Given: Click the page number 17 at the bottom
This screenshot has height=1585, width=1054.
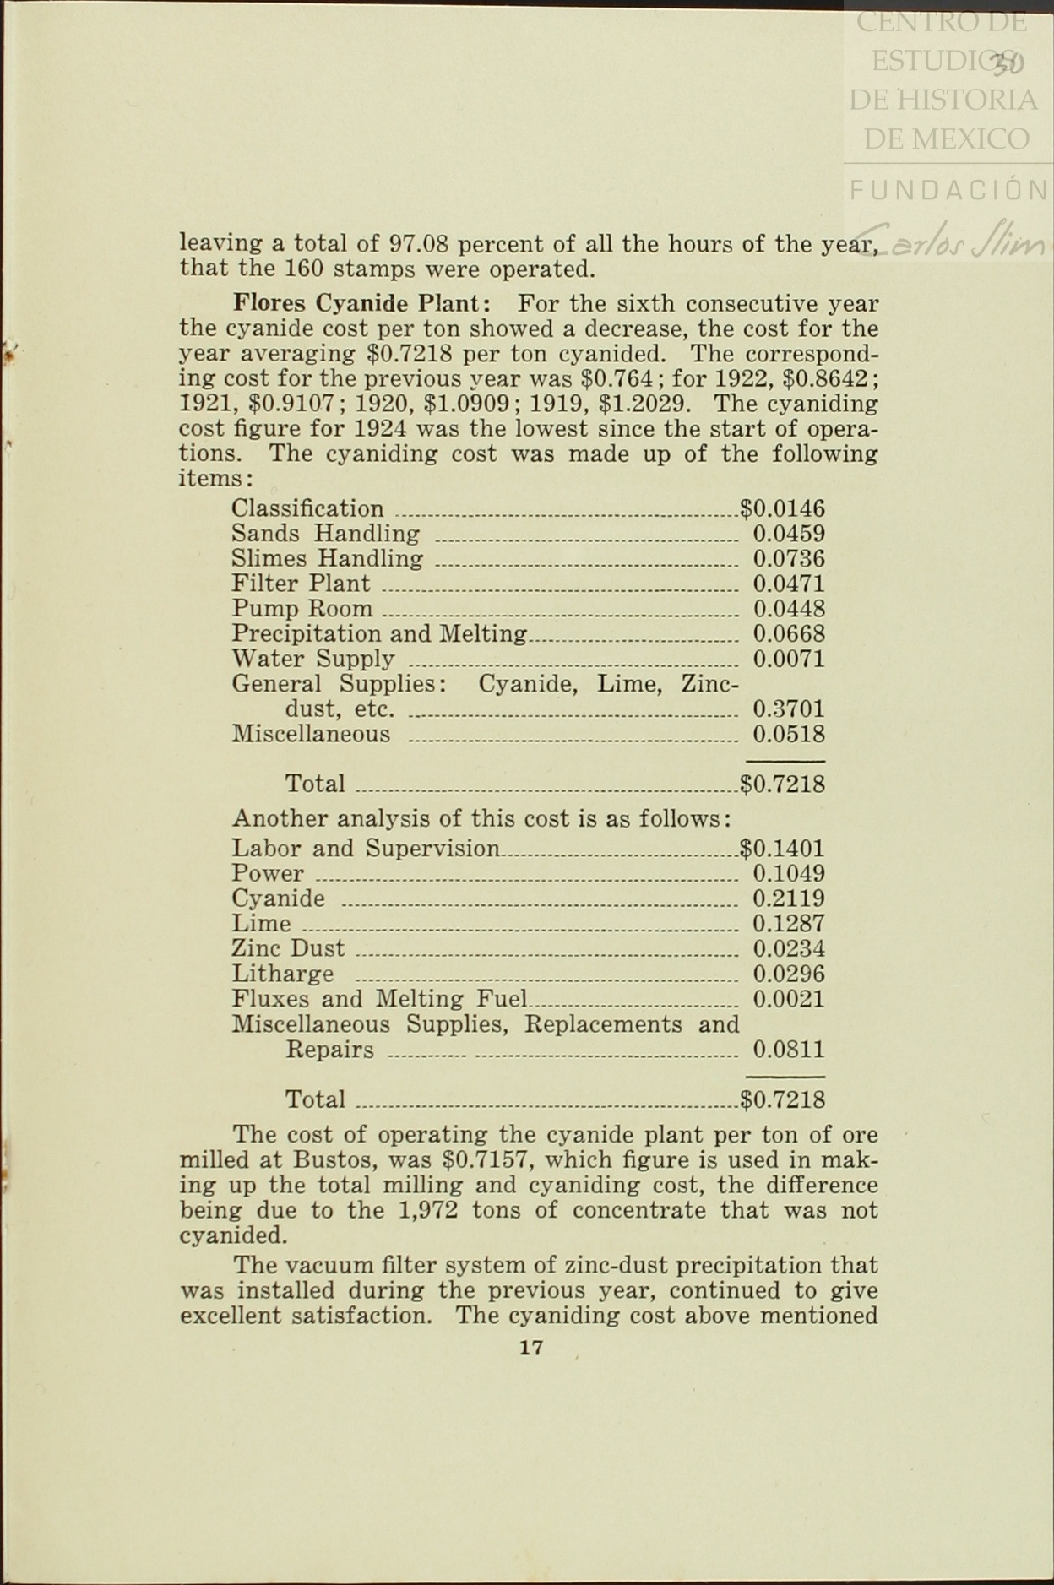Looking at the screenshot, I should (531, 1347).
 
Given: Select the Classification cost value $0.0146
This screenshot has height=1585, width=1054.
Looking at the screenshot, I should (782, 508).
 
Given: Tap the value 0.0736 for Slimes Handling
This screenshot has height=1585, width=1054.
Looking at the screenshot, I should (789, 559).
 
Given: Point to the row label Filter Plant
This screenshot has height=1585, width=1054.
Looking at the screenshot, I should (301, 584).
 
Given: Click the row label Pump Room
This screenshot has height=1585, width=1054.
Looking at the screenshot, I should (302, 609).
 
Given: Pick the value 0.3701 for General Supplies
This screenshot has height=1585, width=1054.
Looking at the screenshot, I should (789, 709).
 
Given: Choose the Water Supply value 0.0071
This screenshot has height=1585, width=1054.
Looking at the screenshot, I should (789, 659).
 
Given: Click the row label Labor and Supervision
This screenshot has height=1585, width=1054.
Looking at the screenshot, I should (366, 849).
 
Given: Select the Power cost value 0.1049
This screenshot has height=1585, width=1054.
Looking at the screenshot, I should (789, 874).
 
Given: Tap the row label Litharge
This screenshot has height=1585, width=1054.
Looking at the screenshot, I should (283, 974).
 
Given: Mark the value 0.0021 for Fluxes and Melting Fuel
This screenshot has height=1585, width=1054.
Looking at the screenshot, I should (789, 1000).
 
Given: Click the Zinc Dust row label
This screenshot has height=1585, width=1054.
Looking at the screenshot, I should (288, 949).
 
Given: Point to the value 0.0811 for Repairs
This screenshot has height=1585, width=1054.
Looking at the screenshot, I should (789, 1050).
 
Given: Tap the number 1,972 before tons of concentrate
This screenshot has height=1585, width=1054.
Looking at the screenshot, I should (426, 1210).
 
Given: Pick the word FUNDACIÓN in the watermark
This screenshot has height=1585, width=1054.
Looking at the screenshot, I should (948, 190).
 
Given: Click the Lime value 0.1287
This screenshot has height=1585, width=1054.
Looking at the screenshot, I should (789, 924).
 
